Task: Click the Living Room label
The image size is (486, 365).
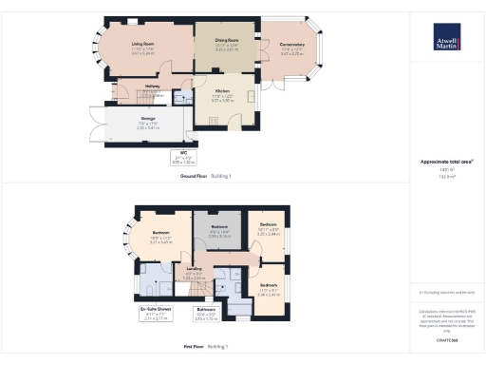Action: pyautogui.click(x=143, y=44)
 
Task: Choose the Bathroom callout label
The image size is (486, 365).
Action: pyautogui.click(x=206, y=310)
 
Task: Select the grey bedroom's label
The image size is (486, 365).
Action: pyautogui.click(x=219, y=230)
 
